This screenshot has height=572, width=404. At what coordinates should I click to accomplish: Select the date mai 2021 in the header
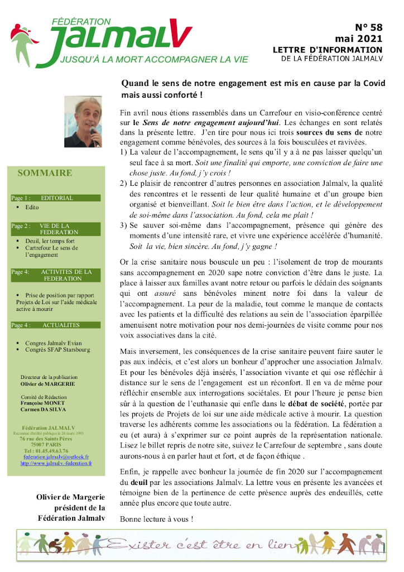[359, 39]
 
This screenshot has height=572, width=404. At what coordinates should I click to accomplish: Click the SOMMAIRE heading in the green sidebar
[45, 173]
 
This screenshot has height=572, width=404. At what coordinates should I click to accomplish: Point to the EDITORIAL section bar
[55, 198]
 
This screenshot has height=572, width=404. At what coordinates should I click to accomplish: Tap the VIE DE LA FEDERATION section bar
[55, 229]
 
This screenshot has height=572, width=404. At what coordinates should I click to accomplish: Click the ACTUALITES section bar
[55, 325]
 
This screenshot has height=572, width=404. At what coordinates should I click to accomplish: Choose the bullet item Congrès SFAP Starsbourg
[57, 350]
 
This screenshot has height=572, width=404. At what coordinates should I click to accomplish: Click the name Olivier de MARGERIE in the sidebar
[47, 384]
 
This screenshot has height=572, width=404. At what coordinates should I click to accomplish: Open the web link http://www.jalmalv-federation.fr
[56, 463]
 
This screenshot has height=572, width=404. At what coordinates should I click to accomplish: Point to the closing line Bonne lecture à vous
[157, 519]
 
